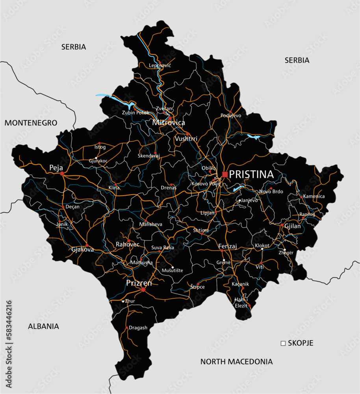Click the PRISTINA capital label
pos(251,174)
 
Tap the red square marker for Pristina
pos(225,174)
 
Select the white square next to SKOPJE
pos(283,343)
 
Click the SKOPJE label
pos(301,343)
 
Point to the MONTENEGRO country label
pos(31,123)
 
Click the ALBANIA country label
pos(43,326)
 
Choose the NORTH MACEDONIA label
pos(236,361)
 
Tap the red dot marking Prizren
pos(143,290)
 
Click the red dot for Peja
pos(62,173)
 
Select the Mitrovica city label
pos(169,123)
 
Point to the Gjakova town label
pos(83,249)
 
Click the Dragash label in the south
pos(138,327)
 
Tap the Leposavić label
pos(160,65)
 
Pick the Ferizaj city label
pos(228,246)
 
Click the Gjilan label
pos(293,227)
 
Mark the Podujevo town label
pos(231,115)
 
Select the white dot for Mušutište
pos(172,267)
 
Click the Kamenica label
pos(314,196)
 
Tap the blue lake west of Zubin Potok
pos(116,100)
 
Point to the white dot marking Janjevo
pos(239,201)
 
